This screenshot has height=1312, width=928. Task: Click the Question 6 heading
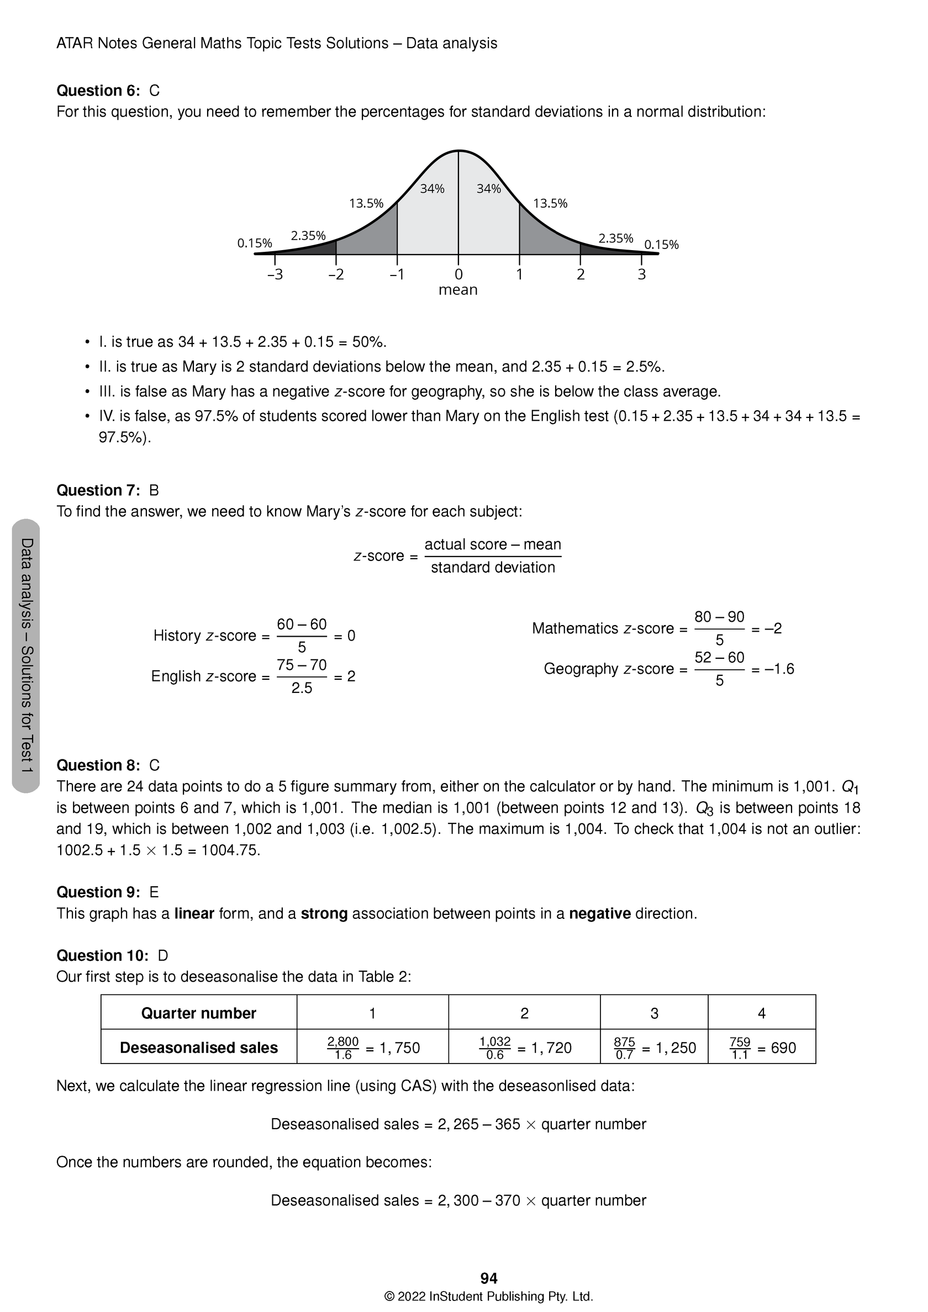98,91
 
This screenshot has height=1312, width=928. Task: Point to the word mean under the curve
457,290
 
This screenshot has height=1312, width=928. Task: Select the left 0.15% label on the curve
255,244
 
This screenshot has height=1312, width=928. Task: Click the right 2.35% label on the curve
615,239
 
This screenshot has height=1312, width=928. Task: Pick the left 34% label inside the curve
432,188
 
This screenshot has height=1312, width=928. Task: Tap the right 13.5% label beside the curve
550,203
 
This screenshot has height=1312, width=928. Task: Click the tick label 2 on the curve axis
581,275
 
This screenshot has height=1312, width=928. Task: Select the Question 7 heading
98,490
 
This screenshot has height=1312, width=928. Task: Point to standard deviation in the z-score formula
492,568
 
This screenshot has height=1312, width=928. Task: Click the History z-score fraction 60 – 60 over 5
302,636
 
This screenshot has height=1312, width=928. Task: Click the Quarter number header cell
198,1013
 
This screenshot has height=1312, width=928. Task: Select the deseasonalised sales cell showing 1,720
524,1048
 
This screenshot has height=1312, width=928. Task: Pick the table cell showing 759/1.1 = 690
762,1048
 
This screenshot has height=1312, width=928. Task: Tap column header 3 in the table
654,1013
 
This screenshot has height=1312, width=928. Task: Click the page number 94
489,1278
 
